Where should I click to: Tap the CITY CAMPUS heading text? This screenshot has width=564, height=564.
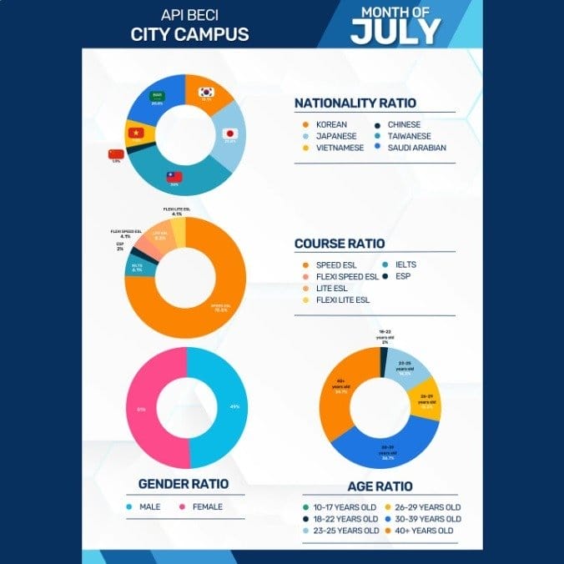[x=189, y=35]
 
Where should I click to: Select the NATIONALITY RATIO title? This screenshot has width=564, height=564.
[x=355, y=103]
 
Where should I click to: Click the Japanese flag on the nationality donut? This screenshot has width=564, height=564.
[x=229, y=133]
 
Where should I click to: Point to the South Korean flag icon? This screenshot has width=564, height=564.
[x=205, y=93]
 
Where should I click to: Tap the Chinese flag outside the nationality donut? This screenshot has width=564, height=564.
[x=116, y=154]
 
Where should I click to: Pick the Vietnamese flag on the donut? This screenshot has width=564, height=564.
[x=135, y=132]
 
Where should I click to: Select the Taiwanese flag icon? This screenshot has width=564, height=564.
[x=174, y=177]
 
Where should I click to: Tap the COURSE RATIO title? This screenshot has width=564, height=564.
[x=340, y=244]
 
